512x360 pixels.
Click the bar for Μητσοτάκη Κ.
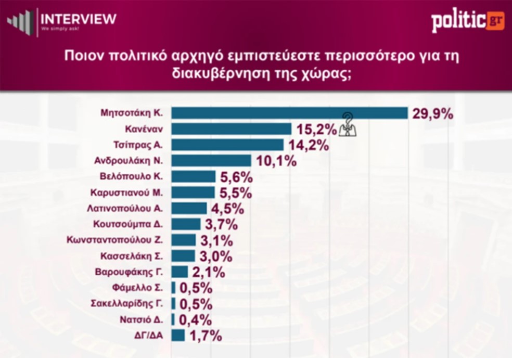290,113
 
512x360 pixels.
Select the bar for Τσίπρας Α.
227,145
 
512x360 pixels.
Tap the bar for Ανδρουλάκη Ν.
211,161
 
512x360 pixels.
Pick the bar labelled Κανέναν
231,129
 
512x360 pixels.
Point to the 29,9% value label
433,114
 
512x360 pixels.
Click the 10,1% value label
276,161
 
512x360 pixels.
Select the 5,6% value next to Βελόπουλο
236,177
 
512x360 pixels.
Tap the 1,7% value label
206,336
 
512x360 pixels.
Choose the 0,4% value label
196,320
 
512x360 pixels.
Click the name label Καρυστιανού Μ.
126,192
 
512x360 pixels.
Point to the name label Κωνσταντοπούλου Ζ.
114,240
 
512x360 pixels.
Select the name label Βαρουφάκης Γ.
129,272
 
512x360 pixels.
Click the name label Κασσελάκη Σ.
132,256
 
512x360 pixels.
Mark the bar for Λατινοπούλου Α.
189,208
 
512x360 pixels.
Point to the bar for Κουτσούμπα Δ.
186,224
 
